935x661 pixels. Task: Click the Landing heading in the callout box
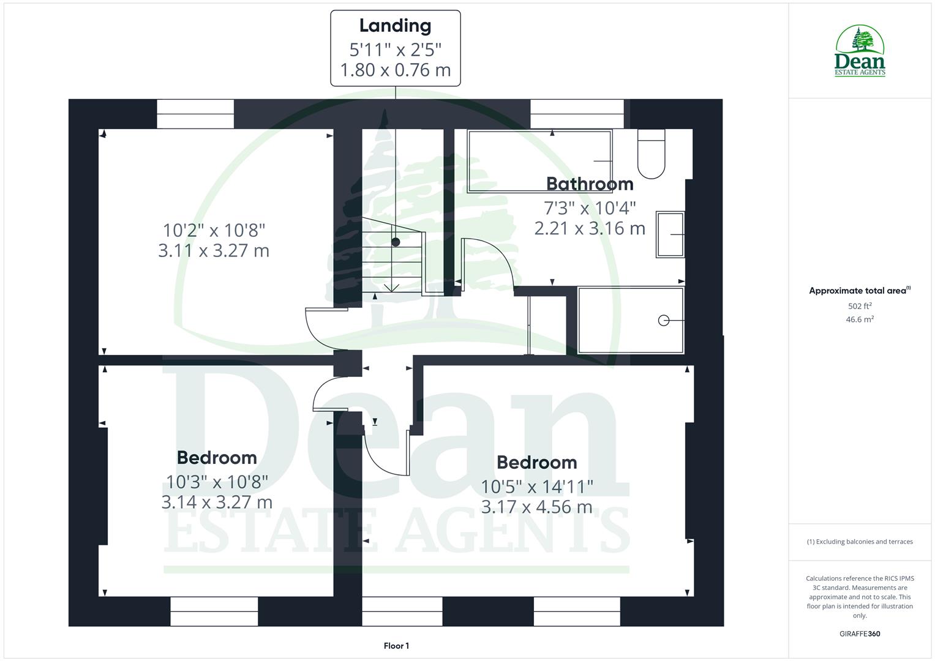point(395,26)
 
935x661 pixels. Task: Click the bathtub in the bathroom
point(539,161)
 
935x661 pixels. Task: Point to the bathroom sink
point(670,234)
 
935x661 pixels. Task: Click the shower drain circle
point(663,320)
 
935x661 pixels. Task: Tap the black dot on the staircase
point(396,242)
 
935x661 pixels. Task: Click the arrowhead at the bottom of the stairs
point(391,287)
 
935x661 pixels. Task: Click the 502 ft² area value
point(860,306)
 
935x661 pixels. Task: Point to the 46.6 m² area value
point(860,319)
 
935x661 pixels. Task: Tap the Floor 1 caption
point(396,646)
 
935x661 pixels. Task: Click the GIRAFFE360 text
point(860,633)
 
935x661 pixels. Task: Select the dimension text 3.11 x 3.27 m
point(214,251)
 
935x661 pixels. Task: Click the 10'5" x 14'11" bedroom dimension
point(537,487)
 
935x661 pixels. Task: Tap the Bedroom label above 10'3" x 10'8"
point(217,457)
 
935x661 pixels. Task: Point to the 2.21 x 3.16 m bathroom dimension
point(590,229)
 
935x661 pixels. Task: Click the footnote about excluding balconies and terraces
point(860,542)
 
